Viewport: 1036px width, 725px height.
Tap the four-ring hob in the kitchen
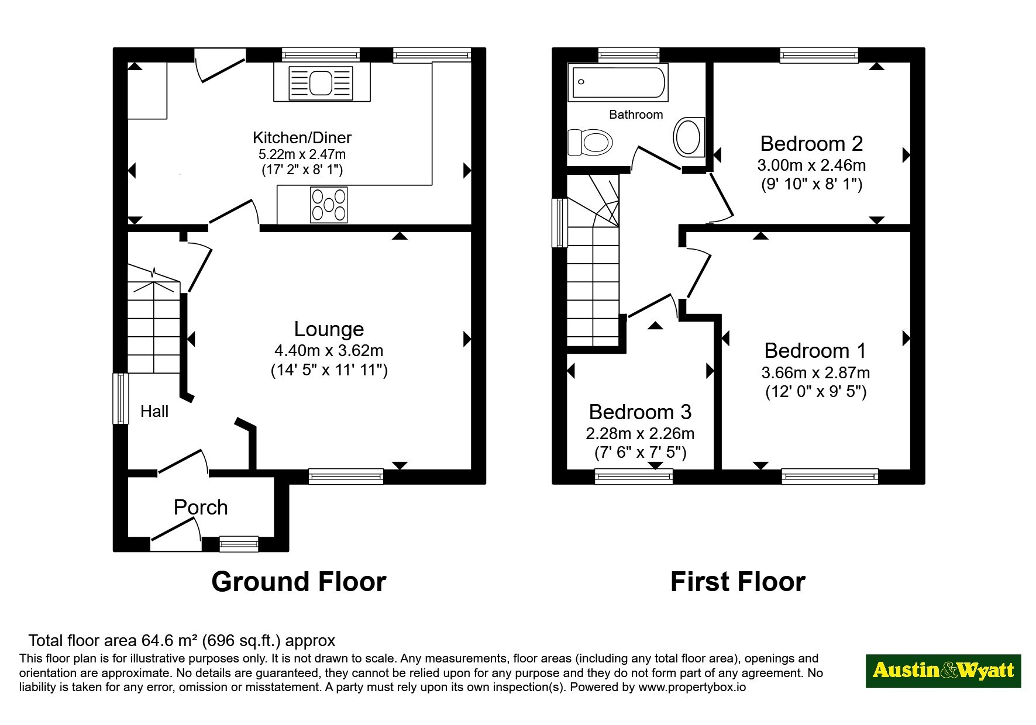[329, 204]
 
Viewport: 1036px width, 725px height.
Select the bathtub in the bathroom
[618, 82]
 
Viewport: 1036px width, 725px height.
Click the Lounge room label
[329, 329]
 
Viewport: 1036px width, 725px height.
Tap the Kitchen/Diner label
[302, 138]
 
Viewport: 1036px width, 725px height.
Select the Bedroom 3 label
[640, 412]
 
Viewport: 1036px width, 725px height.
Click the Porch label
[201, 507]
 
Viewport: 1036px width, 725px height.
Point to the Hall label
[154, 412]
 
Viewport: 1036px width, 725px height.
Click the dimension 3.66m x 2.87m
[815, 372]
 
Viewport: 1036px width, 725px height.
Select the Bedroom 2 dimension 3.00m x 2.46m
[811, 165]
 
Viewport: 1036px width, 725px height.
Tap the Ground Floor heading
[299, 582]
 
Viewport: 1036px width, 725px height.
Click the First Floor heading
[738, 582]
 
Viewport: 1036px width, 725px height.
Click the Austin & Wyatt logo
[943, 671]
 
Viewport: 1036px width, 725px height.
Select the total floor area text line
[182, 641]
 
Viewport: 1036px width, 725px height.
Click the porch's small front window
[239, 544]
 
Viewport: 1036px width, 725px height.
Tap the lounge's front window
[346, 477]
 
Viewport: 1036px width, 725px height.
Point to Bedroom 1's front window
[830, 477]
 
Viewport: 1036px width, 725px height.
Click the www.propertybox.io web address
[692, 688]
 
